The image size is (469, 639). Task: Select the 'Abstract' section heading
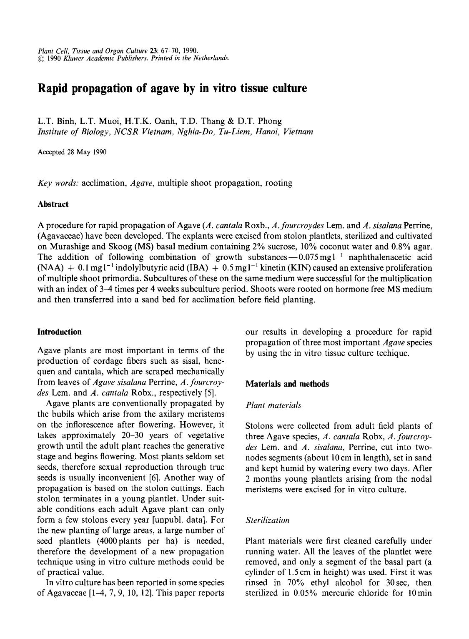tap(53, 204)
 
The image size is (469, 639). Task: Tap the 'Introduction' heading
tap(59, 332)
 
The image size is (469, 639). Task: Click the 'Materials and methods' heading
tap(287, 384)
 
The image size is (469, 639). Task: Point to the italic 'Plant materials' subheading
tap(273, 405)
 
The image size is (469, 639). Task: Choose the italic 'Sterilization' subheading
tap(267, 520)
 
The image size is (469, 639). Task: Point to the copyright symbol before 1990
tap(40, 58)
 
